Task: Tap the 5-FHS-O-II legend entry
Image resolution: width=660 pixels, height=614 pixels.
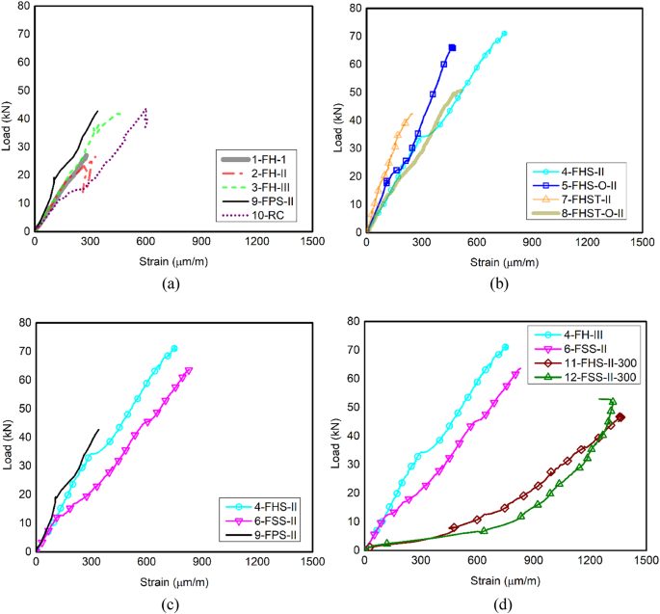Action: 587,184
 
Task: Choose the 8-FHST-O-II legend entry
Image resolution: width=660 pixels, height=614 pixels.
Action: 593,212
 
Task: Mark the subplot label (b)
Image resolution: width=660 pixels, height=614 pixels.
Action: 501,284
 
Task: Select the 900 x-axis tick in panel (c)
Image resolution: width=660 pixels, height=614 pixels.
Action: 200,562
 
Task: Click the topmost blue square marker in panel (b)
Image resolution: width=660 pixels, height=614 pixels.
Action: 452,47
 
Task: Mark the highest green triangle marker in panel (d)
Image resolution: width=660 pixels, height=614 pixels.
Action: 612,401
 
